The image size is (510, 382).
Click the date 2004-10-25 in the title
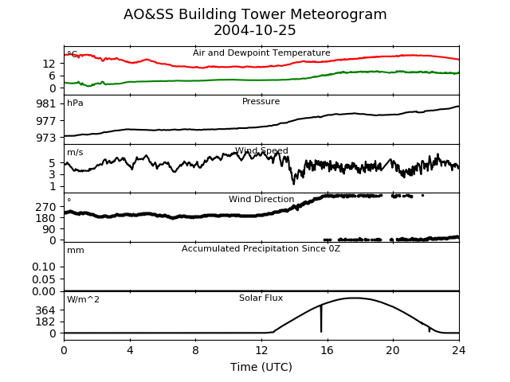(x=255, y=30)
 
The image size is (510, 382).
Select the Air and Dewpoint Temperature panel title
(x=261, y=53)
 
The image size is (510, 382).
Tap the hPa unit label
(x=75, y=103)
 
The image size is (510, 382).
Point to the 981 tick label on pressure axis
(x=46, y=104)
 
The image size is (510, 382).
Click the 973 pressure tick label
(x=46, y=138)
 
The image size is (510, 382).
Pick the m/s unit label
(x=75, y=152)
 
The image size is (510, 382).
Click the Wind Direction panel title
(x=261, y=199)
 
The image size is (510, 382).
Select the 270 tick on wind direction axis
(x=46, y=207)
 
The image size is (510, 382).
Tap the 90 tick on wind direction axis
(x=49, y=229)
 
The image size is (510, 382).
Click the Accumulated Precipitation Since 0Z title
(x=261, y=248)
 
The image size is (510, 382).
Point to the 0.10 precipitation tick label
(x=44, y=267)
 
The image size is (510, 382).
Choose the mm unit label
(x=76, y=251)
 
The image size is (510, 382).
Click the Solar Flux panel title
(x=261, y=298)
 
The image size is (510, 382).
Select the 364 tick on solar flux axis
(x=46, y=310)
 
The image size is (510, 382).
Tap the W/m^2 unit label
(x=83, y=299)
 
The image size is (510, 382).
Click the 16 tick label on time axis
(x=328, y=350)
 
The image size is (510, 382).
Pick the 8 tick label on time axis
(x=195, y=350)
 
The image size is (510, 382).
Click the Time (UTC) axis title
(x=261, y=367)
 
